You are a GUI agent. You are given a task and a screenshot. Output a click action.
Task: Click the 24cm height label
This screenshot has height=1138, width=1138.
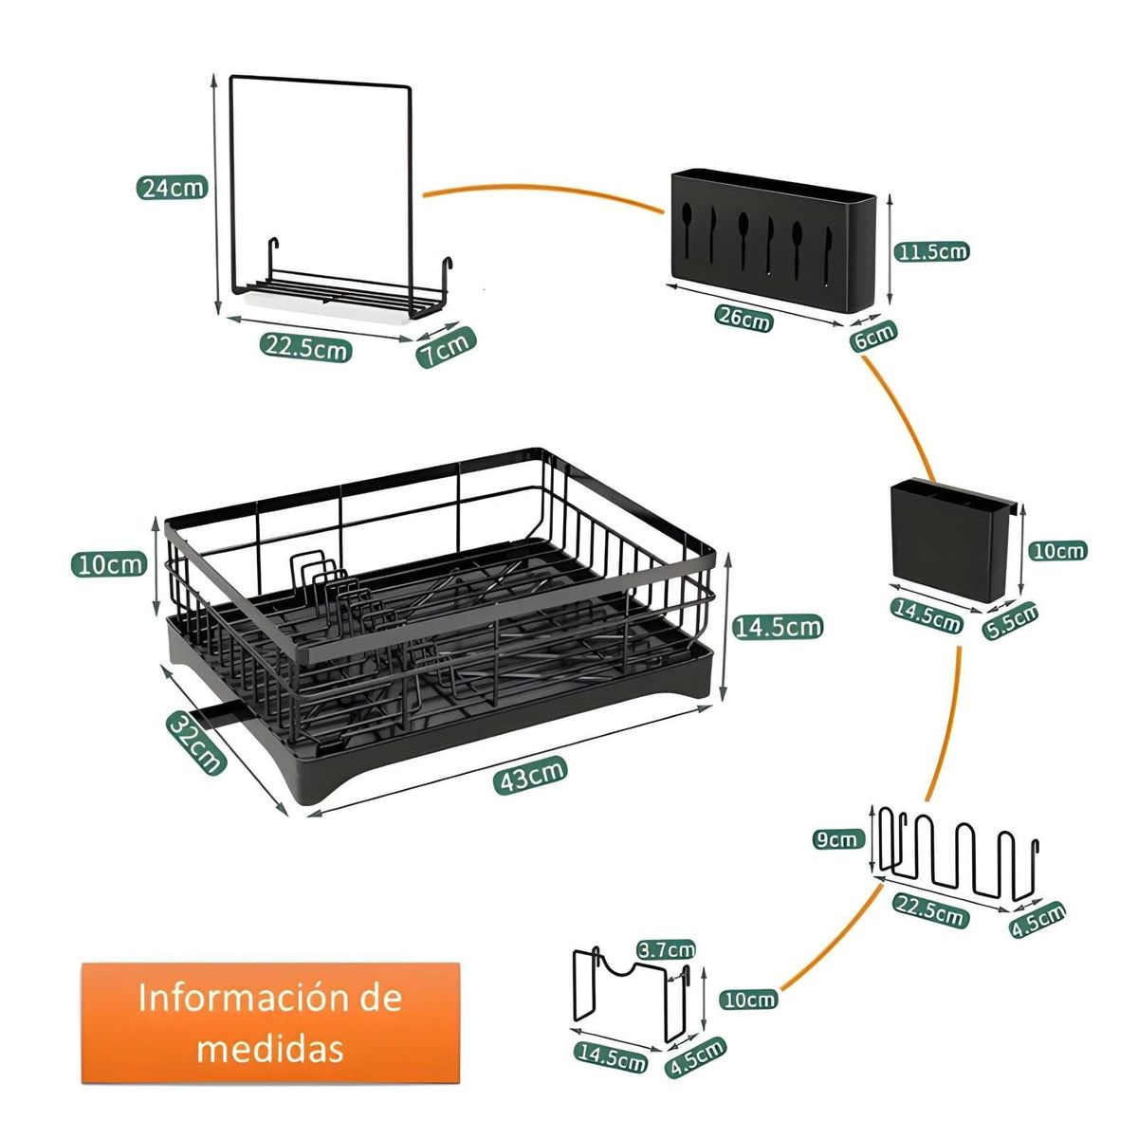point(172,187)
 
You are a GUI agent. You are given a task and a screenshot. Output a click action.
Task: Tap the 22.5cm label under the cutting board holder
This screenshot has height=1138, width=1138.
point(306,348)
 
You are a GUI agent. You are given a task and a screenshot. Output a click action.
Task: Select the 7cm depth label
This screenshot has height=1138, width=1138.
point(446,348)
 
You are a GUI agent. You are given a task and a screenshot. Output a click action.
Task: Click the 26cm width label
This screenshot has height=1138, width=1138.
point(743,320)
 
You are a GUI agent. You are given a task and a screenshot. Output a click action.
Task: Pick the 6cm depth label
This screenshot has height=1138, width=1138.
point(873,337)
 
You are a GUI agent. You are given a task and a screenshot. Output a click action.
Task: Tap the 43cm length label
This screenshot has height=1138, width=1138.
point(531,775)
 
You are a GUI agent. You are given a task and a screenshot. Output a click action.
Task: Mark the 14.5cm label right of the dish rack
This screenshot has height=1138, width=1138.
point(778,626)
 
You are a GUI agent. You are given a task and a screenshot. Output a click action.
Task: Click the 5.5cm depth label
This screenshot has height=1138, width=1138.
point(1011,621)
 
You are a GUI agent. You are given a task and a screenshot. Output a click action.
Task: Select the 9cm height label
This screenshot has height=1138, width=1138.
point(837,838)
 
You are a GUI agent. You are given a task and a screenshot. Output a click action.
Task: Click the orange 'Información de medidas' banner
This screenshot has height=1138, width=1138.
point(270,1023)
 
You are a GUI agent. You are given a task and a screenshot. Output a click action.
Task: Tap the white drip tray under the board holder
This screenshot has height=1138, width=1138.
point(327,305)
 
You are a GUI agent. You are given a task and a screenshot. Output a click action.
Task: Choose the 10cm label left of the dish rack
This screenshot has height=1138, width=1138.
point(110,564)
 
